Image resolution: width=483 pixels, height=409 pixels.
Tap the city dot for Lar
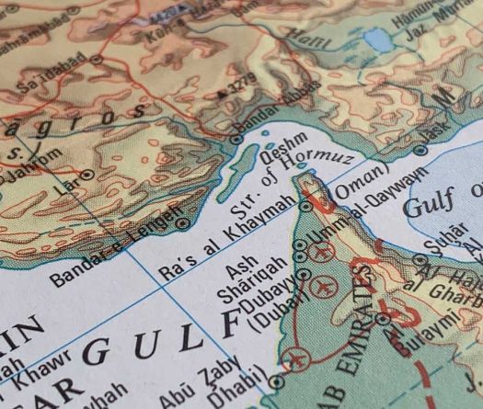tap(87, 173)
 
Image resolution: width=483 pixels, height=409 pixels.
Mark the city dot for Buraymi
tap(383, 319)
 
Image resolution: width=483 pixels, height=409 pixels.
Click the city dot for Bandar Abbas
tap(236, 139)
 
